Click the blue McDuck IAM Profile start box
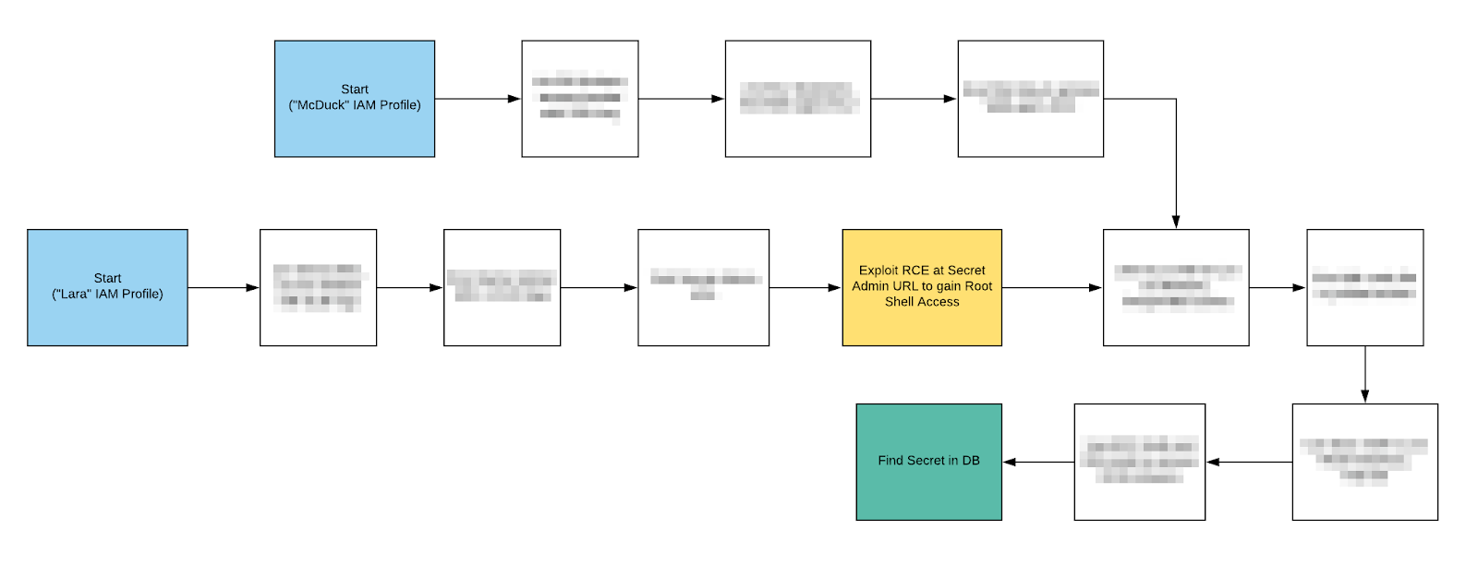tap(354, 98)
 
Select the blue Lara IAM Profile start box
tap(107, 287)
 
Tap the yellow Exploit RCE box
tap(921, 287)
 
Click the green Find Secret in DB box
tap(928, 461)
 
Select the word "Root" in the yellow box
tap(978, 286)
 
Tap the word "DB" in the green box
tap(970, 461)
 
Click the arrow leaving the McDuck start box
tap(478, 99)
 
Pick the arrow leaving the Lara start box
tap(224, 288)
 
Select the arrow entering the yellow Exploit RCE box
tap(805, 288)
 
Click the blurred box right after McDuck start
tap(579, 98)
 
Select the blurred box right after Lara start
tap(318, 287)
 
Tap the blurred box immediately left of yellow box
tap(703, 287)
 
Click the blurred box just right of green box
tap(1139, 461)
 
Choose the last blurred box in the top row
tap(1030, 98)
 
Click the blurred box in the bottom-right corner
tap(1364, 461)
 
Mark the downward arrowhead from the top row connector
tap(1175, 222)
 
